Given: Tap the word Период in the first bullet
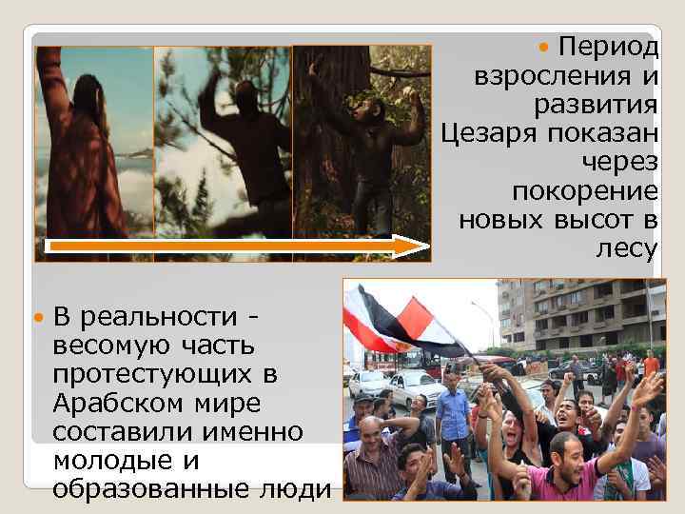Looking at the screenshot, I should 608,46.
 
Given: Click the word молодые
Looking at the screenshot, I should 103,461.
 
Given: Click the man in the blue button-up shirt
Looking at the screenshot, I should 454,413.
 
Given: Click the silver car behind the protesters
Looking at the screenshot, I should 410,385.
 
